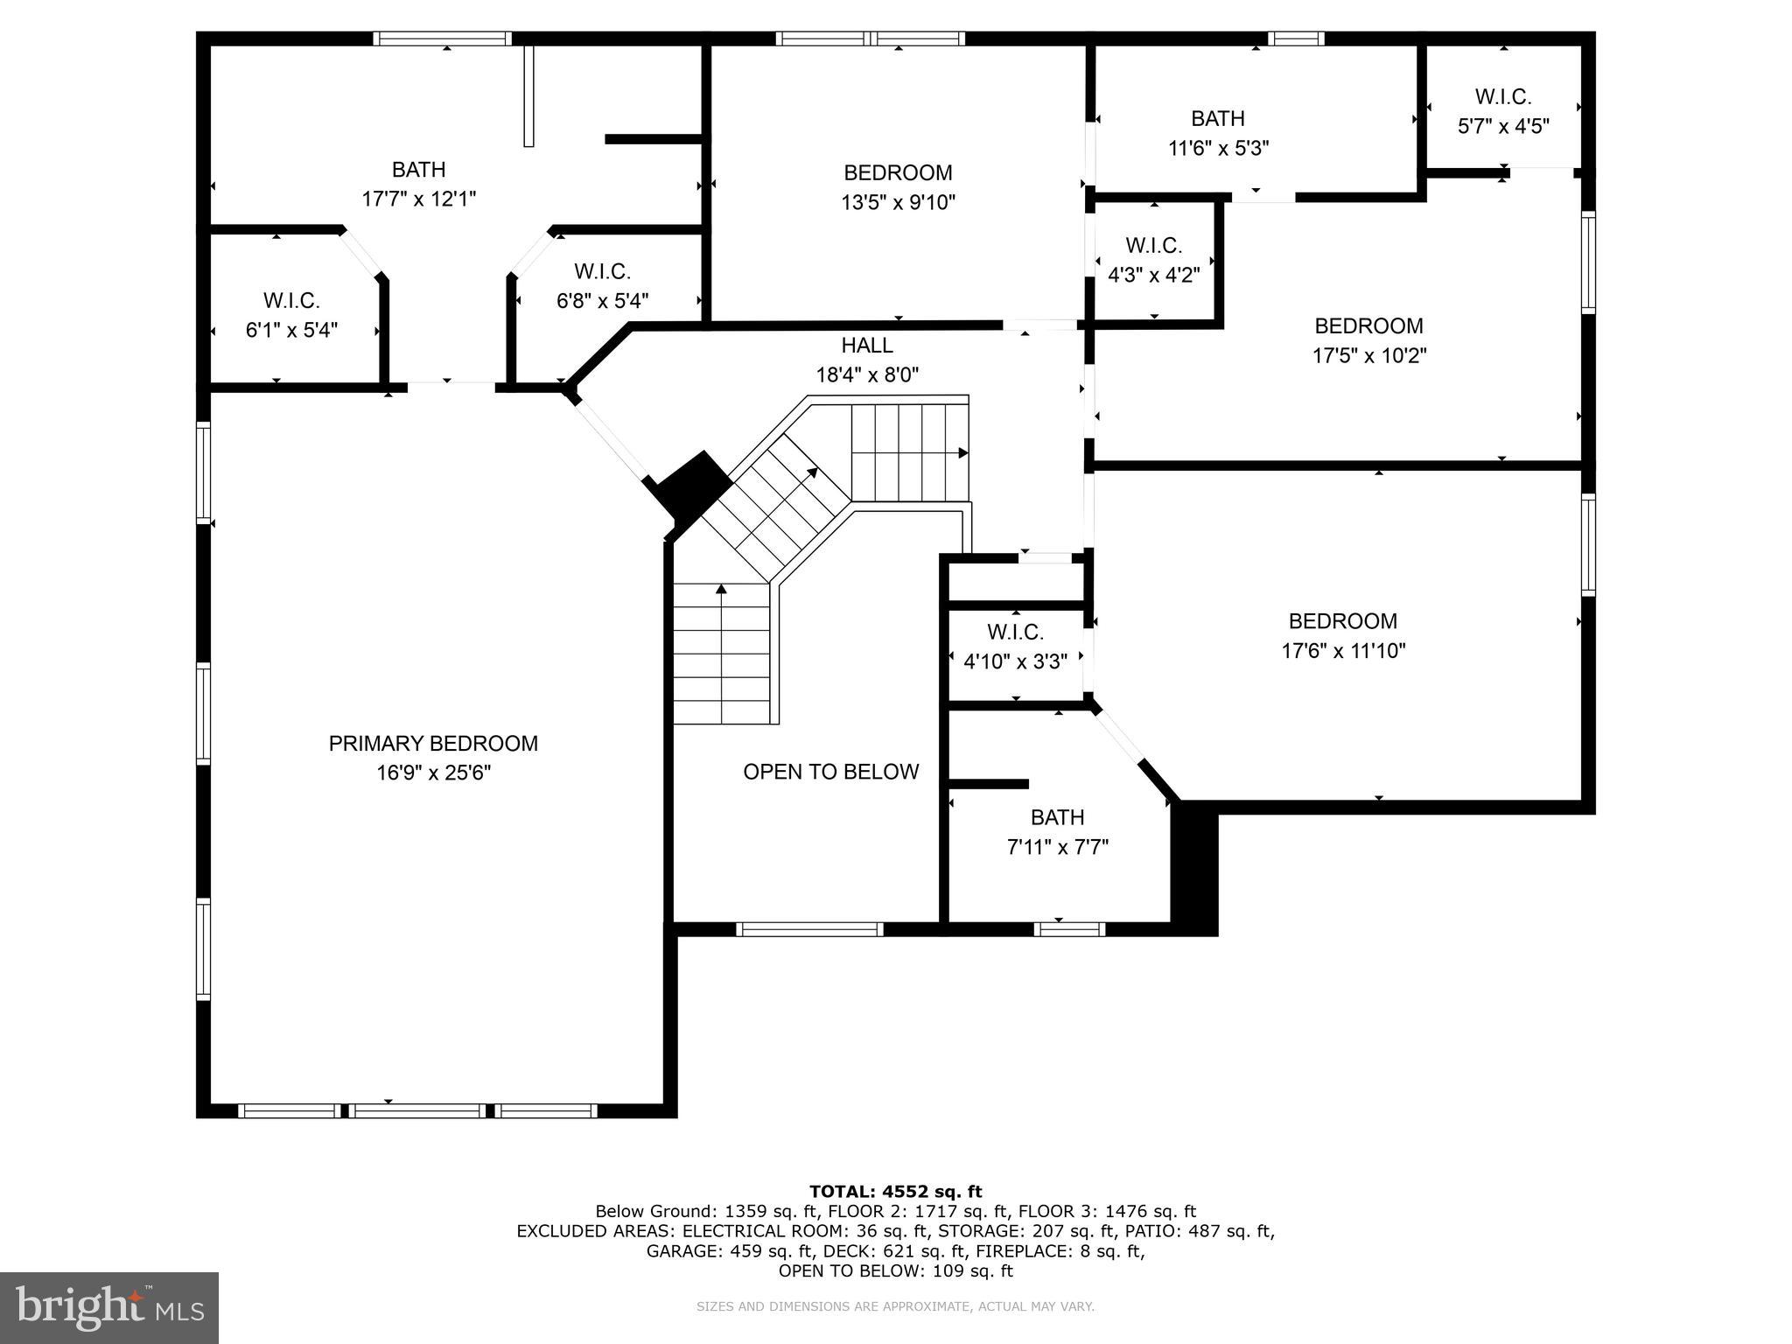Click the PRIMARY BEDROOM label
[433, 744]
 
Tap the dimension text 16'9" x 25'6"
[433, 773]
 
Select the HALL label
[867, 346]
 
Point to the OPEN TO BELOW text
[830, 772]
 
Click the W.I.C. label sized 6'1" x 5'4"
[291, 301]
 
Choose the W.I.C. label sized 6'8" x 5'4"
[602, 271]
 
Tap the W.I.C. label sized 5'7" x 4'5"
[1502, 96]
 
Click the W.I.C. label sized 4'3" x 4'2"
[1153, 246]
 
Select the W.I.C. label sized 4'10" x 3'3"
[1015, 632]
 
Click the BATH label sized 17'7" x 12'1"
[418, 170]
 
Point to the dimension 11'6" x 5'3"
[1218, 148]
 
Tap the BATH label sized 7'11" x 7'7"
[1057, 817]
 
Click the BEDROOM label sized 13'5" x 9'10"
[898, 173]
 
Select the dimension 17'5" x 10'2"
[1368, 356]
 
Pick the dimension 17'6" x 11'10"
[1343, 651]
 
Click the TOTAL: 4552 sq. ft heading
[895, 1191]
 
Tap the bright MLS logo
[109, 1307]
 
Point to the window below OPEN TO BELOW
[809, 929]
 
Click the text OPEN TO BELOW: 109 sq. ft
[895, 1270]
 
